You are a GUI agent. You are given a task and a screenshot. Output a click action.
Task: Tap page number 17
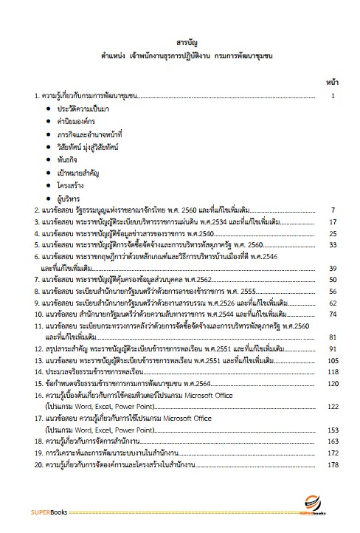pos(333,222)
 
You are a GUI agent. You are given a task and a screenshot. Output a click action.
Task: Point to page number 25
pos(333,234)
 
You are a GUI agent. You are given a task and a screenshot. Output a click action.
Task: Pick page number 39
pos(333,269)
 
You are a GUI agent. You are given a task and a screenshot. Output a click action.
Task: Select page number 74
pos(333,314)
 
